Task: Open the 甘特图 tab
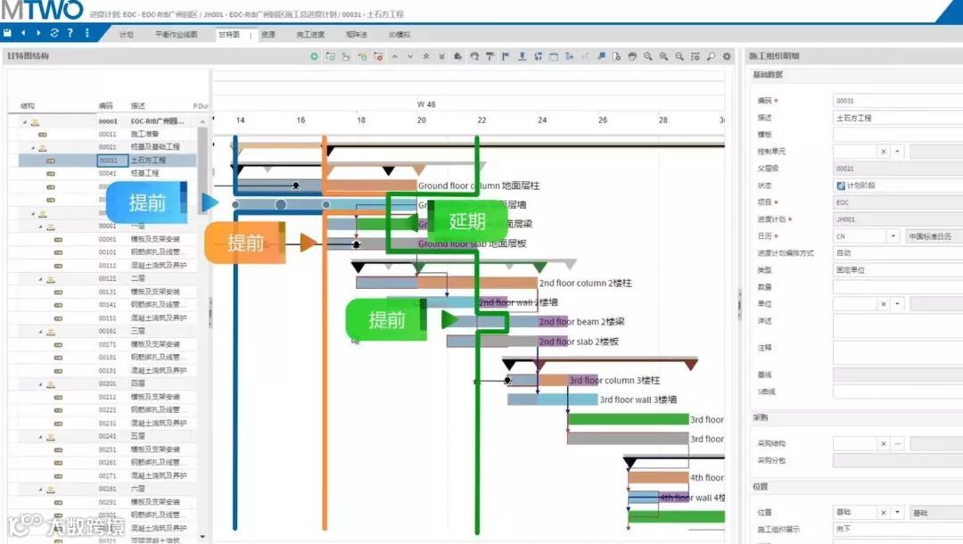click(229, 35)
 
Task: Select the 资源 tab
click(267, 35)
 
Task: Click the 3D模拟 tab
click(399, 35)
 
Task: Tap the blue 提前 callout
click(147, 202)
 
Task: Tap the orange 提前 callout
click(244, 243)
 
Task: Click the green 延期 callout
click(467, 222)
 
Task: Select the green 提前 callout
click(387, 320)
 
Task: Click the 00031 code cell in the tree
click(108, 161)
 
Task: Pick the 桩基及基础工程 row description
click(155, 146)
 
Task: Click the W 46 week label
click(426, 104)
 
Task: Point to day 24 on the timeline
click(542, 120)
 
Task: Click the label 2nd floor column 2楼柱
click(586, 283)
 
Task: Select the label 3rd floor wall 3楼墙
click(638, 400)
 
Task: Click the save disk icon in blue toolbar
click(7, 33)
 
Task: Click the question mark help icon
click(70, 33)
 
